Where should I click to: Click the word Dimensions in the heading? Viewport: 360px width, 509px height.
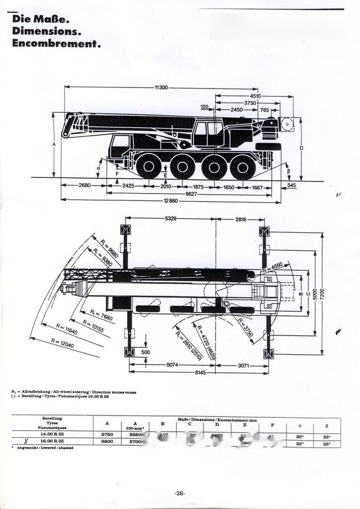coord(46,32)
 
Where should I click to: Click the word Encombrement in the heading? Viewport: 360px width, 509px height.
coord(56,44)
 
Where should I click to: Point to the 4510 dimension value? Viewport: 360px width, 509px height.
coord(255,96)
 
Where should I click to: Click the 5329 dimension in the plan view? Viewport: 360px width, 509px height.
coord(171,218)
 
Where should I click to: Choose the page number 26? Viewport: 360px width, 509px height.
coord(179,493)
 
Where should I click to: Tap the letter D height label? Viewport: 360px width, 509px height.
coord(301,148)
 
